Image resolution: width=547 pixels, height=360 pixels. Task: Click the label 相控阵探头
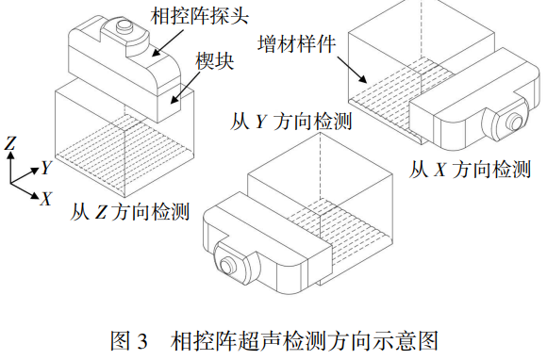[200, 15]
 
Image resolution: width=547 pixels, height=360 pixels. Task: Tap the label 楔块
[214, 61]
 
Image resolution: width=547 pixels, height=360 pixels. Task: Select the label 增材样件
[297, 43]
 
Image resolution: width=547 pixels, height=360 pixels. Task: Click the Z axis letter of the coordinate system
[10, 143]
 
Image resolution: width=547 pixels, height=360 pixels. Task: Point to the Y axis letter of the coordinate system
[46, 168]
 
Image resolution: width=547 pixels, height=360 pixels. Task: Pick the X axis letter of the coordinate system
[45, 199]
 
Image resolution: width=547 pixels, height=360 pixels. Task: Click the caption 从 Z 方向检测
[130, 211]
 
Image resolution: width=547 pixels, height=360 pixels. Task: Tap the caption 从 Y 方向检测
[290, 122]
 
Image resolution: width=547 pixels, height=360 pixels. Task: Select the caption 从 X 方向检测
[470, 170]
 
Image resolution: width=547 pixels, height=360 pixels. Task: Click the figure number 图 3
[129, 340]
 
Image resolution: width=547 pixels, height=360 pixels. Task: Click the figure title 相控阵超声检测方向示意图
[304, 340]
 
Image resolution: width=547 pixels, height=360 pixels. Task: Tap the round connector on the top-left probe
[124, 25]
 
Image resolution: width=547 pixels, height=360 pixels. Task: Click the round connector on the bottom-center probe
[228, 266]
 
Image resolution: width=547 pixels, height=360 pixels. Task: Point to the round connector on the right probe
[515, 122]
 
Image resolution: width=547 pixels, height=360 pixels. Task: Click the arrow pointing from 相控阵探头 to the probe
[168, 42]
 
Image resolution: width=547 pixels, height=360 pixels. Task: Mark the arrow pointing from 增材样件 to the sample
[352, 70]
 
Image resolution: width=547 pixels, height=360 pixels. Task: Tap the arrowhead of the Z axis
[11, 155]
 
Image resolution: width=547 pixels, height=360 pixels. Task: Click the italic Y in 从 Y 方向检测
[261, 122]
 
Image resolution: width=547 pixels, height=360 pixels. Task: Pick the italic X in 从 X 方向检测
[440, 170]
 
